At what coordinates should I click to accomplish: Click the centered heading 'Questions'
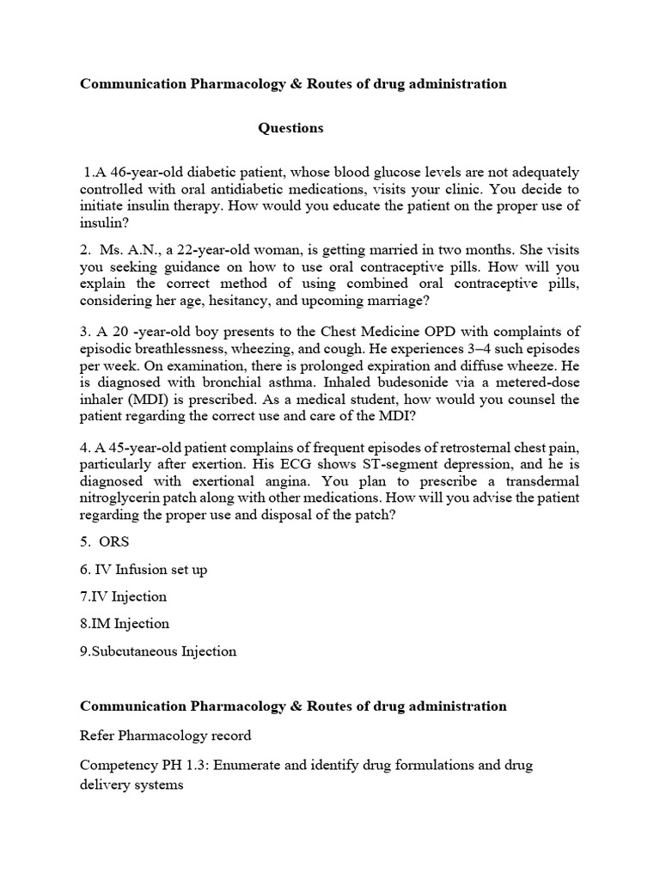pos(291,128)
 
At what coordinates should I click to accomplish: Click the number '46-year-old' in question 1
pos(143,172)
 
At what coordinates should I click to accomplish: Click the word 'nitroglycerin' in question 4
pos(120,498)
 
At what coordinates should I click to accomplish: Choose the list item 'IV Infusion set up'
pos(144,569)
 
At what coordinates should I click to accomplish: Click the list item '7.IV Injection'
pos(124,596)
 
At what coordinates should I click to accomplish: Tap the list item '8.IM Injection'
pos(125,624)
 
